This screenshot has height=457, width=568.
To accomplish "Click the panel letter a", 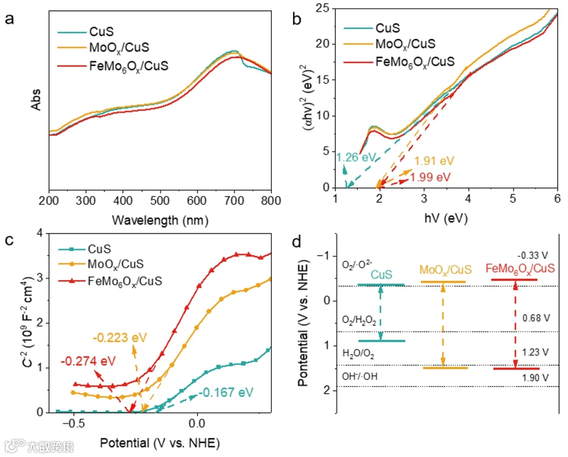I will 9,19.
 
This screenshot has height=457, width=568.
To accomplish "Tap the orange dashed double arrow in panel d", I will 443,324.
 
